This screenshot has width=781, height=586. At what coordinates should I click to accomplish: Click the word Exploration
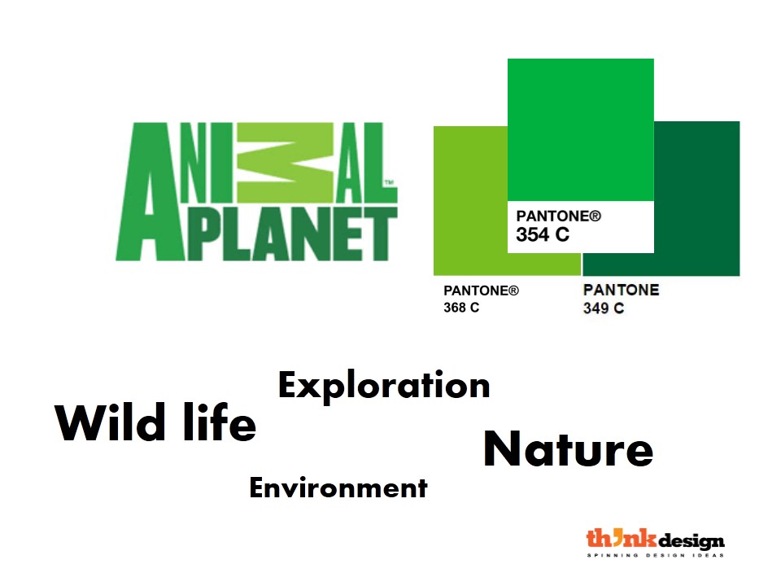tap(384, 386)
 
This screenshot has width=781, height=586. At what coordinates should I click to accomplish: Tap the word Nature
tap(569, 449)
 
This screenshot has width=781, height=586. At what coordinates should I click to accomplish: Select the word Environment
tap(338, 488)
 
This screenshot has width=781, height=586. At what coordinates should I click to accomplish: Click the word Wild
tap(110, 422)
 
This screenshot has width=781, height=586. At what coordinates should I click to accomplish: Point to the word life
tap(220, 422)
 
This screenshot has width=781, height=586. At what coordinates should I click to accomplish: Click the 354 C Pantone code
tap(543, 234)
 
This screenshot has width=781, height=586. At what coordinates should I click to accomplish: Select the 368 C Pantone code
tap(461, 308)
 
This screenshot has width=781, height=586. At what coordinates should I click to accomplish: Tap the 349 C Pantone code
tap(603, 308)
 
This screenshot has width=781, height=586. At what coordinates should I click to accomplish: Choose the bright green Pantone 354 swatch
tap(581, 129)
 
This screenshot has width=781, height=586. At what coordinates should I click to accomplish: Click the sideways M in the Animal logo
tap(285, 163)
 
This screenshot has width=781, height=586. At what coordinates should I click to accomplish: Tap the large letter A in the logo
tap(151, 191)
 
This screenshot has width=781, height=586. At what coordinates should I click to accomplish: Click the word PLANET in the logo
tap(292, 234)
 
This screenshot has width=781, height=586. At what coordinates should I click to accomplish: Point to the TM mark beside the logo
tap(389, 182)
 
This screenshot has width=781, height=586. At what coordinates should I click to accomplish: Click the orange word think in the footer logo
tap(622, 538)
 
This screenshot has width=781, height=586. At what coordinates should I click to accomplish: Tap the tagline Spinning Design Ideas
tap(656, 555)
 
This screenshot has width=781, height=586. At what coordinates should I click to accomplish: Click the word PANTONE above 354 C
tap(558, 216)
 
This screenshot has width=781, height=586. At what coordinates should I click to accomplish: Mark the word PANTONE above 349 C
tap(621, 290)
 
